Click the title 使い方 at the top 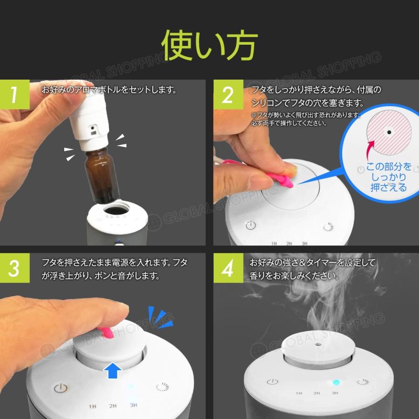coord(209,46)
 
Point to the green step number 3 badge coord(14,269)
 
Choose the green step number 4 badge coord(228,270)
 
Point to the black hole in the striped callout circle coord(388,133)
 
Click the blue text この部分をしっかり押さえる coord(388,177)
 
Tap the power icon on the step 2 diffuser coord(251,225)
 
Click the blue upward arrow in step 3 coord(113,371)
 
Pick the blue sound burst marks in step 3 coord(160,317)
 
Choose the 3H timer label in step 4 coord(335,393)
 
